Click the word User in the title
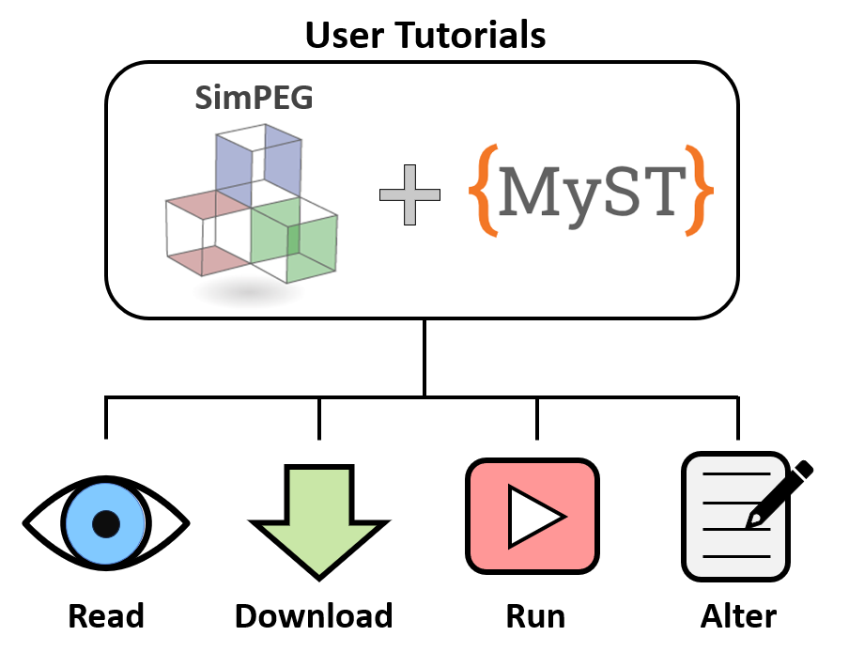click(347, 36)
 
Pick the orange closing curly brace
click(698, 190)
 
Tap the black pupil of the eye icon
click(106, 523)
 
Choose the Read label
click(106, 617)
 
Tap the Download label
click(314, 617)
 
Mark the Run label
click(535, 617)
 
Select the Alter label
click(738, 617)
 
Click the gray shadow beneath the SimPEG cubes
click(249, 293)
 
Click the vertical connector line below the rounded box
click(424, 357)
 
